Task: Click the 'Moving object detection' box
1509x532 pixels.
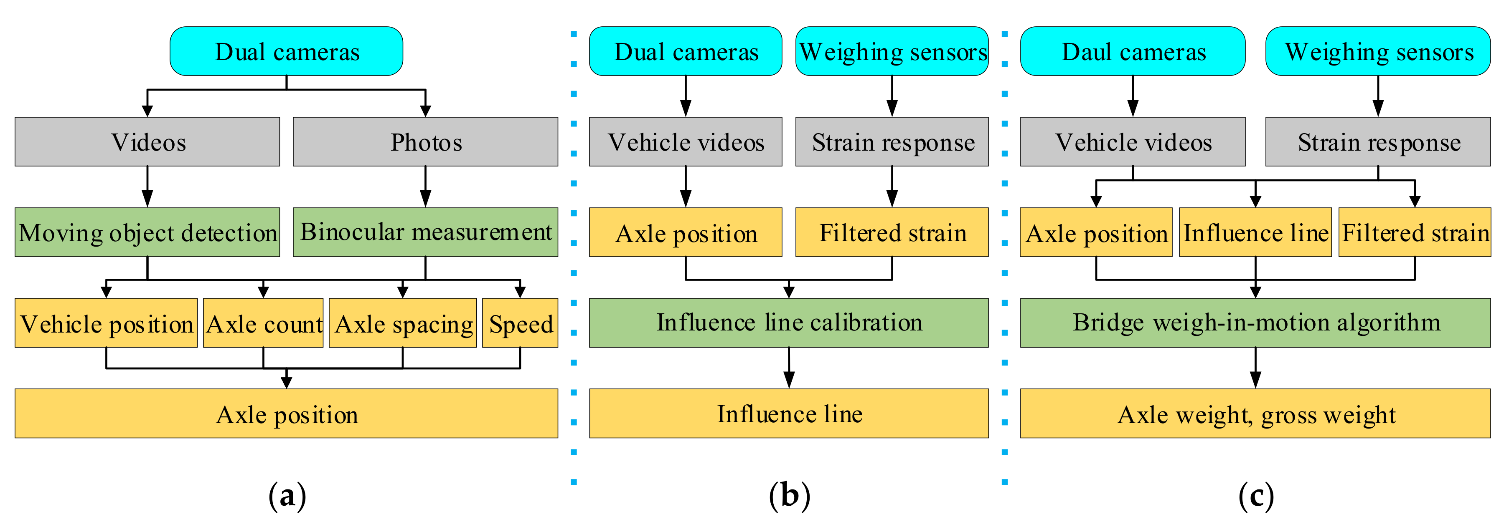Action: (147, 232)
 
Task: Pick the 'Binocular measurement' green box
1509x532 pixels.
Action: (425, 232)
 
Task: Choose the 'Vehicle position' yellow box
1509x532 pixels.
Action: (106, 323)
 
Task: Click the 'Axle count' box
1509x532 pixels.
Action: (263, 323)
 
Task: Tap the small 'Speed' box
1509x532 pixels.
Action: (520, 323)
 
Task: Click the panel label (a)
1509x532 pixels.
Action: (287, 496)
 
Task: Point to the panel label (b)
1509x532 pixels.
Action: (789, 496)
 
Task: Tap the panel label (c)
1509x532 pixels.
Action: (1255, 496)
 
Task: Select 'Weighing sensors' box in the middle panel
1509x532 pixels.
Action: (892, 51)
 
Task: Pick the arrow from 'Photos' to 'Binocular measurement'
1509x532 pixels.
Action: (425, 186)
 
